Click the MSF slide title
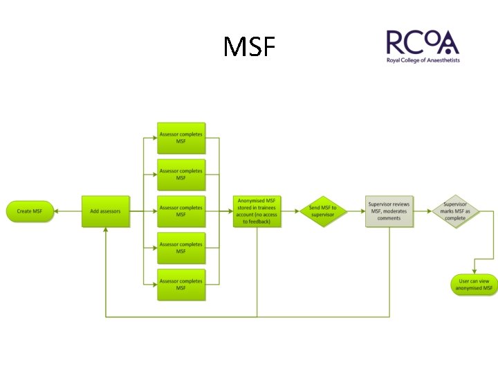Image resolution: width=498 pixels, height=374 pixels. [250, 47]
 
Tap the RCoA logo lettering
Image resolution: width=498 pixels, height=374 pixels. [422, 43]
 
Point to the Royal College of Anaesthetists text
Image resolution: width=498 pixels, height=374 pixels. [423, 60]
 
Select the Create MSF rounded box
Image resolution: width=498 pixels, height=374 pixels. [30, 211]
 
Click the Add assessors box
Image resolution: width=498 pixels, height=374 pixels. [106, 211]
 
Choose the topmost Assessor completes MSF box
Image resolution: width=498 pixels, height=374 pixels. [181, 138]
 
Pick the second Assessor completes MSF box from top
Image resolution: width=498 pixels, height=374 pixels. [181, 175]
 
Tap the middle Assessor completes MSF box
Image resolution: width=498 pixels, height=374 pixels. [181, 211]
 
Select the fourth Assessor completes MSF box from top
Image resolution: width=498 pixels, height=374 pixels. [181, 248]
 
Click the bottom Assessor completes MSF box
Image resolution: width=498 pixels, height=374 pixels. [181, 285]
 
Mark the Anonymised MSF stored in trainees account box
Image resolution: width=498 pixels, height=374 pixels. [257, 211]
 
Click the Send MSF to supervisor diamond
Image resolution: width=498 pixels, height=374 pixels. [322, 211]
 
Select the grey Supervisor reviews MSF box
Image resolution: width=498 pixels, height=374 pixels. [389, 211]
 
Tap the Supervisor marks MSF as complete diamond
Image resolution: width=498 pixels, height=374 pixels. [455, 211]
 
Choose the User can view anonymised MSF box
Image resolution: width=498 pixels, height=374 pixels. [474, 285]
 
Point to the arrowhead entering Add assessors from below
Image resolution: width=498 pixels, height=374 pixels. [106, 229]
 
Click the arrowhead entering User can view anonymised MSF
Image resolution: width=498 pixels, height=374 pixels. [474, 272]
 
